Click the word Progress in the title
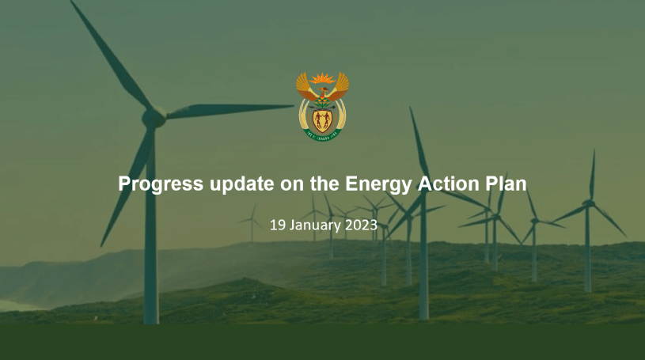(x=161, y=184)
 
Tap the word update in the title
(x=242, y=184)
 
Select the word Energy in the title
(x=378, y=184)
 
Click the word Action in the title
(x=449, y=184)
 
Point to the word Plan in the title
(x=506, y=184)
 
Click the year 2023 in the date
(x=361, y=225)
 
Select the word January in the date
(x=315, y=225)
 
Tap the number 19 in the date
(x=277, y=225)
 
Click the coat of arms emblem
(x=323, y=107)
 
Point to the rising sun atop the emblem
(x=323, y=78)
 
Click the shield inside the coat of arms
(x=322, y=120)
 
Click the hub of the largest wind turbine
(x=154, y=118)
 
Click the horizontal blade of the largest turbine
(x=230, y=110)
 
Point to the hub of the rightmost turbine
(x=588, y=203)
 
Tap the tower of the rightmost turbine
(x=588, y=249)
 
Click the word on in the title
(x=292, y=184)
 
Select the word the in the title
(x=324, y=184)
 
